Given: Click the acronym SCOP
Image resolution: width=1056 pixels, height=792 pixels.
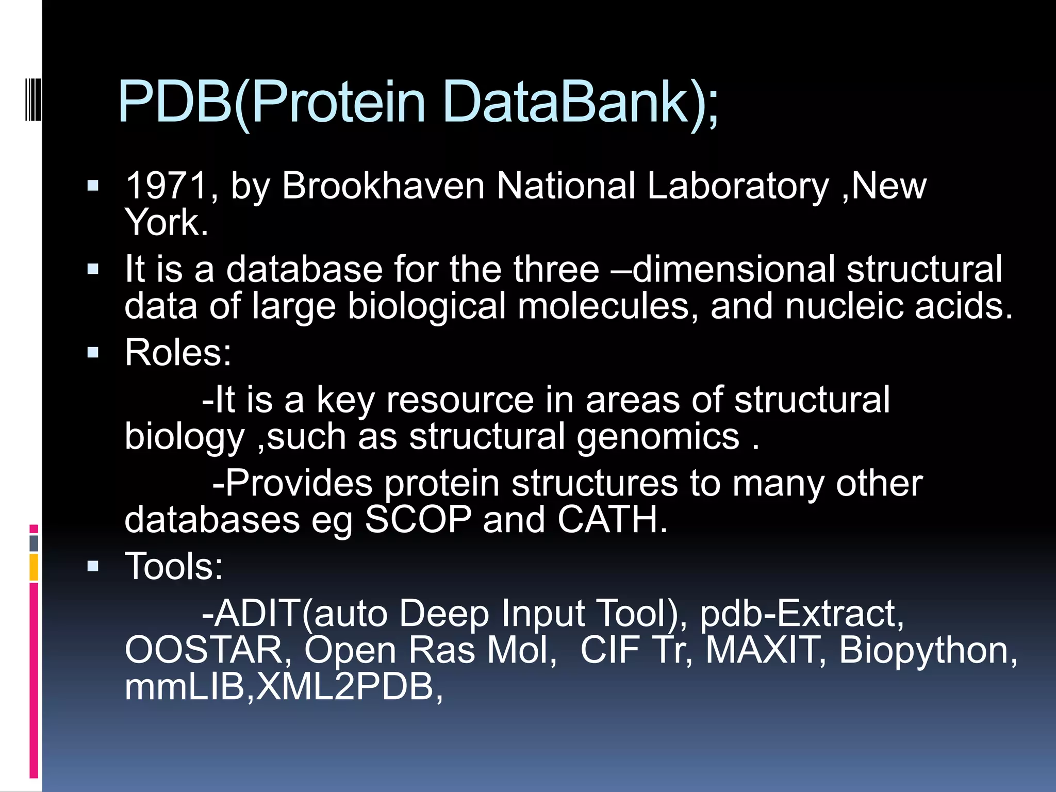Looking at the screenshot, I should [x=418, y=519].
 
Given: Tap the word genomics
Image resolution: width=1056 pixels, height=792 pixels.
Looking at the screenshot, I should [x=658, y=437].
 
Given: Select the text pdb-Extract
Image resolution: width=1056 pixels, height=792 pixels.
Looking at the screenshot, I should [x=801, y=614].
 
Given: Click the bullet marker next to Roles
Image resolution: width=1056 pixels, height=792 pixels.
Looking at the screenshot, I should [x=93, y=353].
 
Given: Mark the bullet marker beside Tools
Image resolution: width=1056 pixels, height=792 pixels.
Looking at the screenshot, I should [x=93, y=567].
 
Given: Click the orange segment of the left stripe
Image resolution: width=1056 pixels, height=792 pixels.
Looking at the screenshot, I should [x=34, y=567].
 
